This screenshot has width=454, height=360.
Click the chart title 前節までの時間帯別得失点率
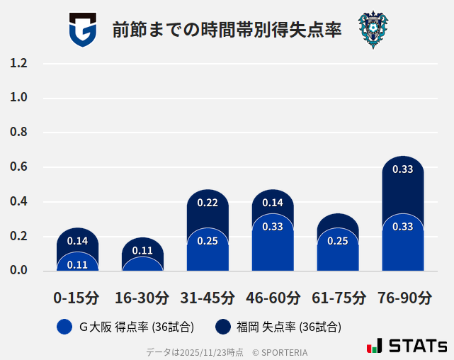(x=227, y=30)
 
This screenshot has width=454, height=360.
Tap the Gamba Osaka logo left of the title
(x=82, y=30)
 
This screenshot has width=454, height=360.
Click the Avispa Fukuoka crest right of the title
(x=373, y=30)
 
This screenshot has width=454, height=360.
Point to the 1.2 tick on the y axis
(x=19, y=63)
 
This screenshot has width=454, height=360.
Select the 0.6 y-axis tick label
(x=19, y=167)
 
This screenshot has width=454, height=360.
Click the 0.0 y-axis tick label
(x=19, y=270)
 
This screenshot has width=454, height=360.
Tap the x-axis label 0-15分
(x=76, y=298)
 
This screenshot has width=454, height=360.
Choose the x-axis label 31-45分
(x=208, y=298)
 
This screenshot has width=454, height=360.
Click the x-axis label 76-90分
(x=403, y=298)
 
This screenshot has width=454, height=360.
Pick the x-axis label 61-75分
(x=339, y=298)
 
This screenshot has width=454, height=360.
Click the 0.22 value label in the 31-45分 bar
(x=208, y=203)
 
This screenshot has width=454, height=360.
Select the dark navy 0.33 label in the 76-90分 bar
(x=403, y=169)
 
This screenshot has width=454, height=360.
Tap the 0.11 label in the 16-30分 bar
(x=142, y=250)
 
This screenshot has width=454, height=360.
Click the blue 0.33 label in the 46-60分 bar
(x=273, y=227)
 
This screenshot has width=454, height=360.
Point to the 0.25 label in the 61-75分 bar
(x=338, y=241)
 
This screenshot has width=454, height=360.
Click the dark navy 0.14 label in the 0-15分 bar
(x=77, y=241)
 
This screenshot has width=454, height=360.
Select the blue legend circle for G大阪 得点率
(x=64, y=327)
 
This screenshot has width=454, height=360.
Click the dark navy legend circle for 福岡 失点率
(x=223, y=327)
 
